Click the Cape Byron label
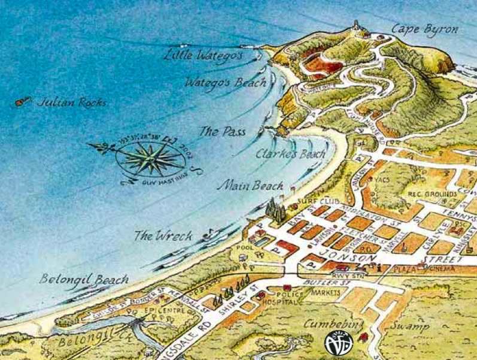tap(425, 29)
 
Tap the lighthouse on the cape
tap(358, 26)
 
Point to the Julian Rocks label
tap(72, 102)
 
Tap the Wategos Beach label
tap(225, 82)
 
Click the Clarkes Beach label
tap(290, 154)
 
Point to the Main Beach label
tap(250, 186)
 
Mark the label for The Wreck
tap(163, 235)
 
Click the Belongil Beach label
tap(84, 279)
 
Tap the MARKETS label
tap(326, 293)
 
